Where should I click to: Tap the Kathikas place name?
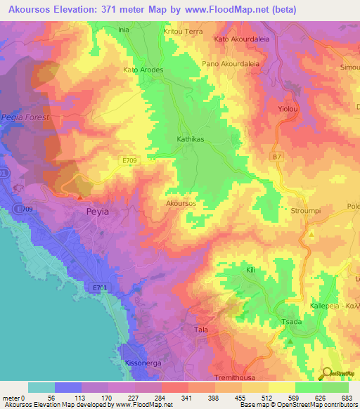[190, 139]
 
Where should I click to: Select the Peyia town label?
[97, 211]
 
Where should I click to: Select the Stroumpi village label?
[305, 210]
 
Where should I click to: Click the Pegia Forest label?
[25, 117]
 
